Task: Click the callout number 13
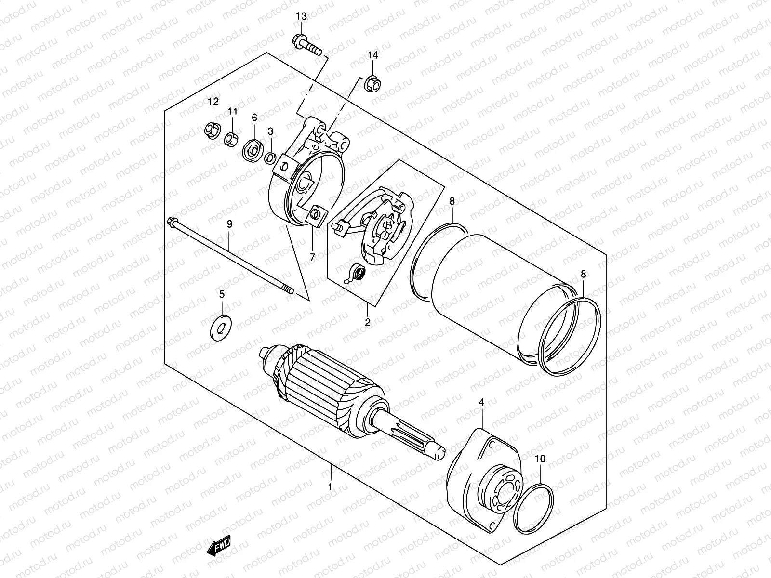tap(301, 17)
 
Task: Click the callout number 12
tap(213, 102)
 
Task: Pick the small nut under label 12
tap(212, 130)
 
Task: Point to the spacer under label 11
tap(230, 138)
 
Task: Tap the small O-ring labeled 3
tap(270, 158)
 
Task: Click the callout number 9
tap(229, 224)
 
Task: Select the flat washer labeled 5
tap(221, 328)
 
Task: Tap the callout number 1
tap(330, 487)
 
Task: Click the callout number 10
tap(540, 459)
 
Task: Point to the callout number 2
tap(368, 323)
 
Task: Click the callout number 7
tap(312, 257)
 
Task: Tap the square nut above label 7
tap(318, 214)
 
